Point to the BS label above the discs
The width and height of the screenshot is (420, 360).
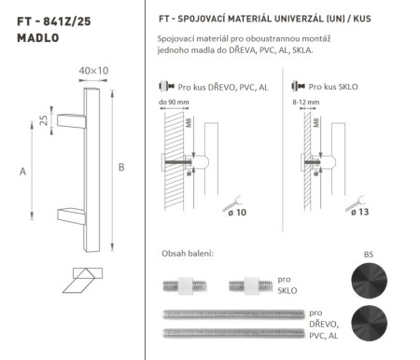click(x=368, y=253)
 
